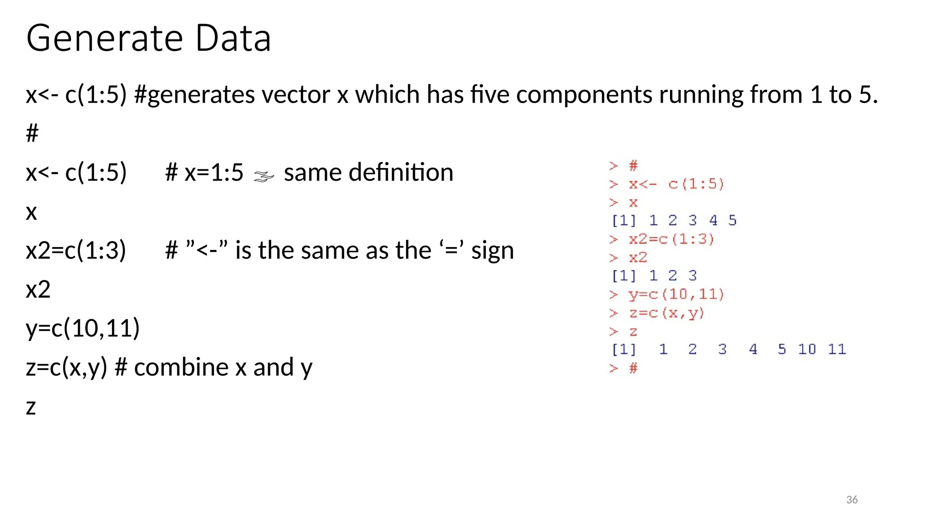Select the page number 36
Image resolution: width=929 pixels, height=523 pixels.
(852, 500)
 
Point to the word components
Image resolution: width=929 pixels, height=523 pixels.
(584, 95)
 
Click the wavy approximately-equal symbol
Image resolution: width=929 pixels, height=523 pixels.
(264, 176)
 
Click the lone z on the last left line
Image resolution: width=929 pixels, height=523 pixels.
(31, 407)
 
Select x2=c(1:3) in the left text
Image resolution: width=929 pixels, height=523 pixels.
(76, 251)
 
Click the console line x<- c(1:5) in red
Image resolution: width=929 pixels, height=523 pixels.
(676, 184)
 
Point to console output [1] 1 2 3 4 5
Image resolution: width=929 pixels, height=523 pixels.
(674, 221)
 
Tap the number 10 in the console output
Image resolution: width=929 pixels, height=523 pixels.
(807, 349)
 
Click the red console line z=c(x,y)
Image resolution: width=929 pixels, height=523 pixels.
(666, 313)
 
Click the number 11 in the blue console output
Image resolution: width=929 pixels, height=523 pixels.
(837, 349)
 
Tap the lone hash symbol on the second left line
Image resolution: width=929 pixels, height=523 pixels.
(32, 133)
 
